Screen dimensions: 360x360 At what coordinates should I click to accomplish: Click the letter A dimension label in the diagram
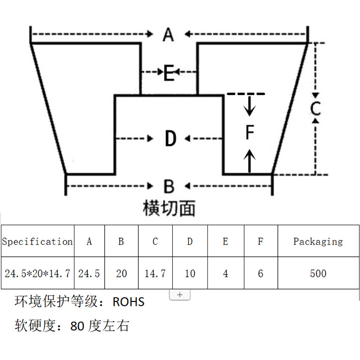click(168, 35)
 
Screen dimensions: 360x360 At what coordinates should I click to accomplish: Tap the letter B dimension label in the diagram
click(168, 186)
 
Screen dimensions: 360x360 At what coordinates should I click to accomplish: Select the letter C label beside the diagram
click(315, 108)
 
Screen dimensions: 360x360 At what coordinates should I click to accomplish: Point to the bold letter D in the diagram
click(170, 139)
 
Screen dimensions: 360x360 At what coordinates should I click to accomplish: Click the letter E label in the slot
click(168, 73)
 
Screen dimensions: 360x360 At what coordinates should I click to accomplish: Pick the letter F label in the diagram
click(249, 132)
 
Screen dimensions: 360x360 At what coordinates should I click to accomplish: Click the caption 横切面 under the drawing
click(169, 208)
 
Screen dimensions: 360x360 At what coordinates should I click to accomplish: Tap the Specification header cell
click(37, 241)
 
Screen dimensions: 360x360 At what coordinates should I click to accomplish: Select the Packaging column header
click(318, 241)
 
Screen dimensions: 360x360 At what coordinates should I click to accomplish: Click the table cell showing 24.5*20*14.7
click(37, 274)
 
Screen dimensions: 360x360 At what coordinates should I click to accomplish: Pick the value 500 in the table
click(318, 274)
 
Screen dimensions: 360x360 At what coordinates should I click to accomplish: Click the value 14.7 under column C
click(155, 274)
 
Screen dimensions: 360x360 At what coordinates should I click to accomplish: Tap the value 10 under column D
click(190, 274)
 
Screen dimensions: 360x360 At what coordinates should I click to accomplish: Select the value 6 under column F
click(261, 274)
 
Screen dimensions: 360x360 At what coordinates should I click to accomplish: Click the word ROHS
click(128, 302)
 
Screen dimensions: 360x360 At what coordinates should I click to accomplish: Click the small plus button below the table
click(180, 295)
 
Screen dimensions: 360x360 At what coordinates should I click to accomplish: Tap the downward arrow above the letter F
click(249, 107)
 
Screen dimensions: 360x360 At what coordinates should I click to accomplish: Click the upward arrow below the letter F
click(249, 160)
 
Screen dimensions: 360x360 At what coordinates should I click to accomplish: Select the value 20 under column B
click(121, 274)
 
